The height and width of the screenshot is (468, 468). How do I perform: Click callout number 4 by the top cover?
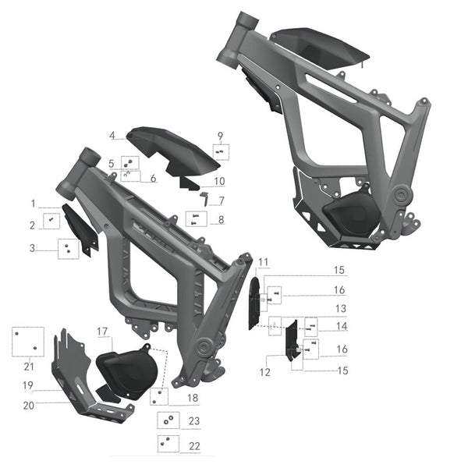tap(112, 136)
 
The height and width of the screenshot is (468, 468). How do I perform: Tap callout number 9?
tap(220, 135)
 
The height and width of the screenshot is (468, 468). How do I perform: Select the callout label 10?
tap(220, 182)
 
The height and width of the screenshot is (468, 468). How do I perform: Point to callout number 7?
tap(222, 201)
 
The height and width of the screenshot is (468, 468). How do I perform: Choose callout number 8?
tap(221, 220)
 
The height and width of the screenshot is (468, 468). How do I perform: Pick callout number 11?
tap(263, 261)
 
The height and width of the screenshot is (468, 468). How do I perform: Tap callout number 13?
tap(340, 309)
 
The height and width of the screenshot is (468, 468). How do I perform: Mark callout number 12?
tap(266, 372)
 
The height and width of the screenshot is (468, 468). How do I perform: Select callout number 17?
tap(102, 331)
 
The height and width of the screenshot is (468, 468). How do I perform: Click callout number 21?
tap(29, 367)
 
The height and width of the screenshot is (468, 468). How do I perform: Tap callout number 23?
tap(194, 421)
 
